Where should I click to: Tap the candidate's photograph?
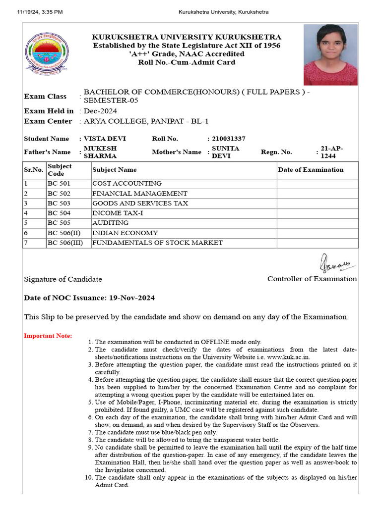coord(330,55)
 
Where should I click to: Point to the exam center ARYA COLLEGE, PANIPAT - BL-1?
coord(146,121)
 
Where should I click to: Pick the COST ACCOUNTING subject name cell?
coord(127,184)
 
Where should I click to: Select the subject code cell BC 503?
coord(59,203)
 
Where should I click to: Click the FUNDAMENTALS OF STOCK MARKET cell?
coord(157,243)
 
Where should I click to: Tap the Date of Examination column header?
coord(311,170)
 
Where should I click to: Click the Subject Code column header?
coord(60,170)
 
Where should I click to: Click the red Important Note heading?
coord(48,336)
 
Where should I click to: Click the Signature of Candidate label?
coord(63,279)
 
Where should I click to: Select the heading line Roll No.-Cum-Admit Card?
coord(187,62)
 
